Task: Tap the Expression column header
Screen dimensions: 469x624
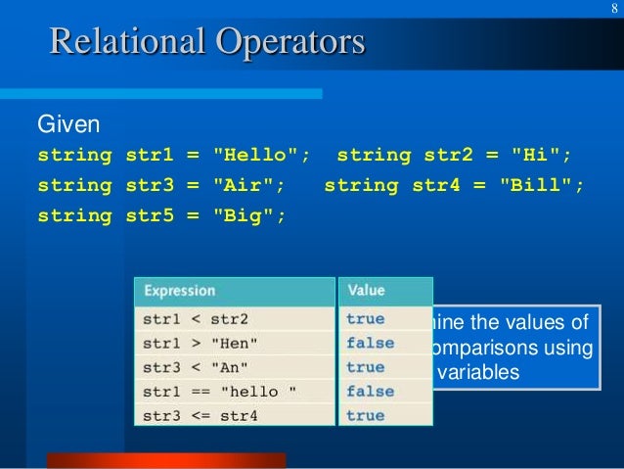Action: (179, 291)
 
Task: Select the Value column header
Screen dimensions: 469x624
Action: (366, 291)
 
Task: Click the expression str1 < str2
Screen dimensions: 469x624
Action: (196, 319)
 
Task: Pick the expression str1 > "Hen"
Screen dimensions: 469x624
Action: (201, 344)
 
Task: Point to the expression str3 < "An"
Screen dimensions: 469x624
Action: (196, 368)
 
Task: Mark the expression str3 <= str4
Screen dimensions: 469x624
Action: (201, 416)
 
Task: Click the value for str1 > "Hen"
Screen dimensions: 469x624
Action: (370, 344)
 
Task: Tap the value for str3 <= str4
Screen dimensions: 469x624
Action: (366, 416)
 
